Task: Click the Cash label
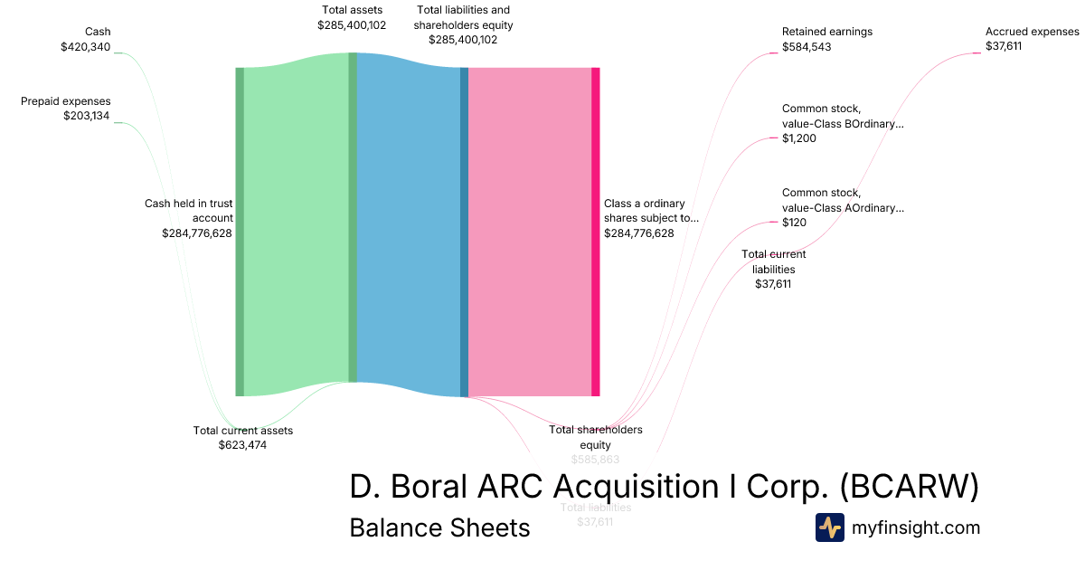[97, 32]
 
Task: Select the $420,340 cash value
[85, 47]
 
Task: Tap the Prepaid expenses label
[66, 101]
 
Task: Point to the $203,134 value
[87, 116]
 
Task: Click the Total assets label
[352, 10]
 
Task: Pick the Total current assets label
[242, 431]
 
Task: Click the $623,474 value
[242, 445]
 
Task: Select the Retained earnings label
[826, 32]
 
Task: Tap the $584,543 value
[807, 47]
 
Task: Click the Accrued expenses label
[1032, 32]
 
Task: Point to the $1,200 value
[799, 138]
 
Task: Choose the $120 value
[795, 223]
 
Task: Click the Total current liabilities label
[773, 261]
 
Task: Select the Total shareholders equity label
[596, 437]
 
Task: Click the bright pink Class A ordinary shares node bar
[596, 232]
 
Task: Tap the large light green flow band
[296, 226]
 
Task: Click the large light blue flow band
[409, 226]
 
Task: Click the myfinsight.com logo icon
[829, 527]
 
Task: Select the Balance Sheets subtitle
[439, 528]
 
